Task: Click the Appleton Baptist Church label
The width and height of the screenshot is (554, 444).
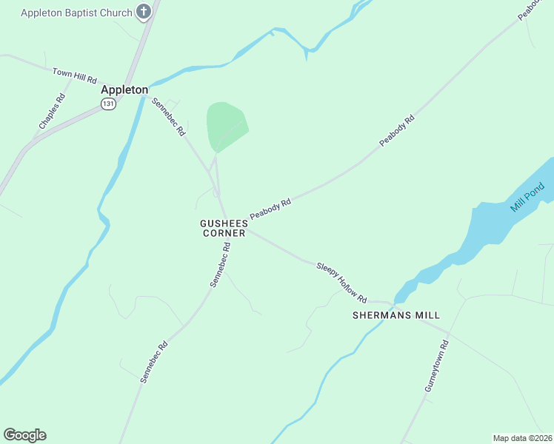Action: click(76, 13)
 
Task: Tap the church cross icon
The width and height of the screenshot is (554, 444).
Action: click(144, 12)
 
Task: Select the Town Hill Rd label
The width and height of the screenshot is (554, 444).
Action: click(75, 75)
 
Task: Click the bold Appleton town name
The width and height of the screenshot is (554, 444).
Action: click(124, 90)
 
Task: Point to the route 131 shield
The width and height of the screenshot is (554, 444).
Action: click(109, 104)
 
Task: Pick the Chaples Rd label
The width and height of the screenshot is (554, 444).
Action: click(52, 112)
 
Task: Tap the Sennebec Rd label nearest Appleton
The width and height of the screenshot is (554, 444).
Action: click(168, 117)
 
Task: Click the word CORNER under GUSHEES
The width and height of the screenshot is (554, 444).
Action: click(224, 233)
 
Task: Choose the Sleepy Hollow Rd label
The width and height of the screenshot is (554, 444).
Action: click(341, 282)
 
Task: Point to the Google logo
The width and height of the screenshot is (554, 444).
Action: click(24, 435)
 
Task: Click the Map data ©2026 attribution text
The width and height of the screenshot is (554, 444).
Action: click(523, 437)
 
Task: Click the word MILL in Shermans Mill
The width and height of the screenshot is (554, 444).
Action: click(427, 315)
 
